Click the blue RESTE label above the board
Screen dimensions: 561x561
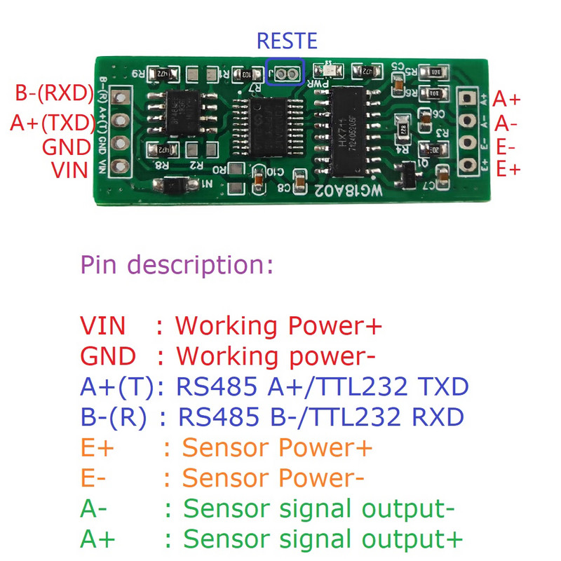[x=287, y=40]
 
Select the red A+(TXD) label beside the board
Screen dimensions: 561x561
[x=53, y=123]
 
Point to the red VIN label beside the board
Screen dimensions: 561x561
[x=70, y=170]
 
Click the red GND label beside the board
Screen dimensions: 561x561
[x=67, y=147]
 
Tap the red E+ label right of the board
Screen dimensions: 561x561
[x=508, y=169]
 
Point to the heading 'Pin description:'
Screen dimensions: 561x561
[x=177, y=266]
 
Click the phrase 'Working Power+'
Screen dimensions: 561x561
[x=278, y=326]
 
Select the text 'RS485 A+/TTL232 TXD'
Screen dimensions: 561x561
[x=323, y=387]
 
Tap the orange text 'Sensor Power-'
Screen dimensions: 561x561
[x=273, y=478]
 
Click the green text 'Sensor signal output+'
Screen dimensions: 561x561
[x=323, y=539]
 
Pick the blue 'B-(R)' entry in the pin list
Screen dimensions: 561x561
[x=114, y=418]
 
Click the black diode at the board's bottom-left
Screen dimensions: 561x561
[x=173, y=186]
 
